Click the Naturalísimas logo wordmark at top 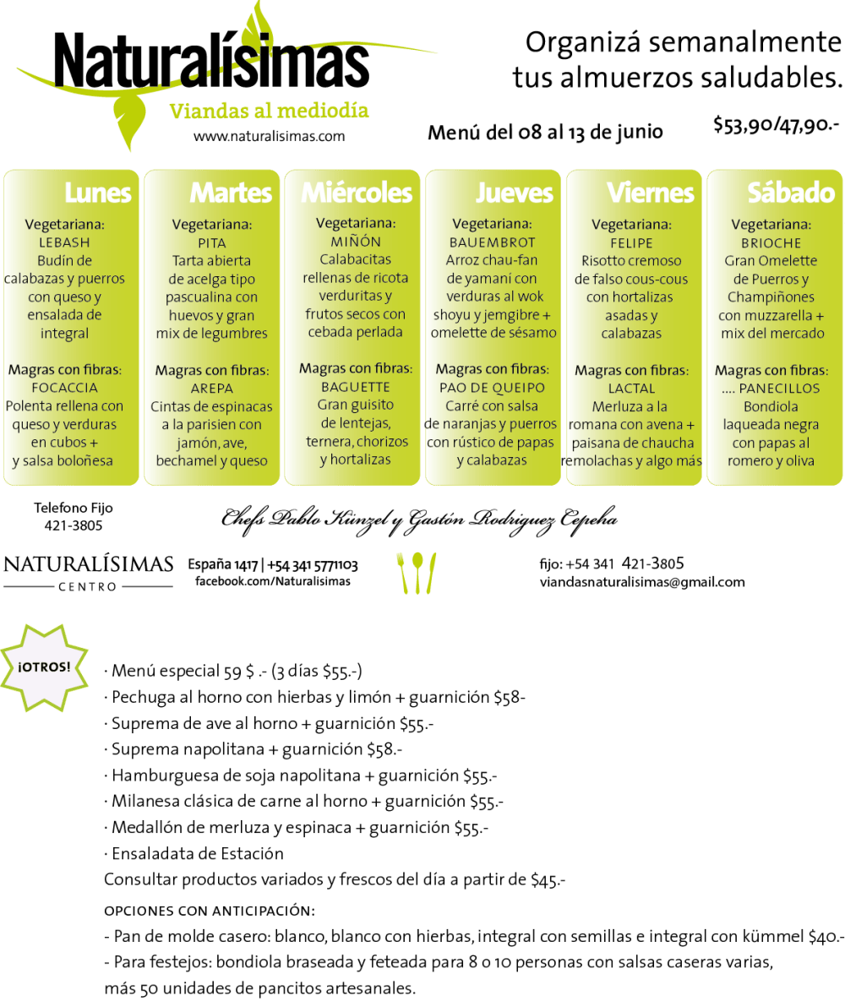211,61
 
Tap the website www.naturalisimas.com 269,136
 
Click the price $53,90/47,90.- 776,124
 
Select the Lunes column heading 98,193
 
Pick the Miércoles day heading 357,193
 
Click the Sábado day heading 792,193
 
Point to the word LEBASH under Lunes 64,242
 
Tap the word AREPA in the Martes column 212,388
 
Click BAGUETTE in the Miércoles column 356,387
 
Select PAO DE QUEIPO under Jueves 492,388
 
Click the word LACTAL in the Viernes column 632,388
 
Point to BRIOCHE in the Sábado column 771,243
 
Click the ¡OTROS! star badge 43,668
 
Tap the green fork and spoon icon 417,573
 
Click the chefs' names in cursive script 420,519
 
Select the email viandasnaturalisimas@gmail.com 642,582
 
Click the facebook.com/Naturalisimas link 273,581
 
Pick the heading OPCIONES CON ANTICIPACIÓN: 210,911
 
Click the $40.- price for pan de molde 826,937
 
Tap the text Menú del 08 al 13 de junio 546,132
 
